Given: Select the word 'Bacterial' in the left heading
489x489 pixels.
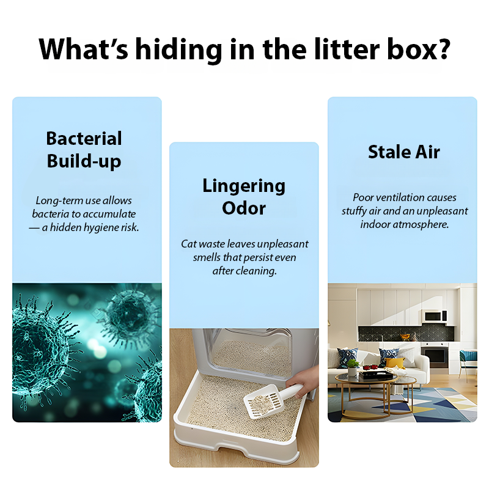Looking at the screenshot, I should [x=84, y=138].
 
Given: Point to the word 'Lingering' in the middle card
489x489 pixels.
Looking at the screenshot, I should [x=244, y=185].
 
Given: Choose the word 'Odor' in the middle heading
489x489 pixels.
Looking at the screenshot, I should [x=244, y=208].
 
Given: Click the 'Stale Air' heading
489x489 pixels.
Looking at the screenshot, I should [x=403, y=152].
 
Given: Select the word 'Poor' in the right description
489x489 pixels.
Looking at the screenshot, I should [x=364, y=197].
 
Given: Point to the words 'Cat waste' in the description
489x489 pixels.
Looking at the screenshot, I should [x=204, y=244].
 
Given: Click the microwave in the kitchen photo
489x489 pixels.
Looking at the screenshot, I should [x=435, y=316].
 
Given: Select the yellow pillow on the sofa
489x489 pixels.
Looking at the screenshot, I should [x=395, y=362].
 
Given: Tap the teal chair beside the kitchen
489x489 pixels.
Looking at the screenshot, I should [x=468, y=358].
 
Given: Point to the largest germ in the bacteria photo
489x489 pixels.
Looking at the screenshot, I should [x=37, y=348].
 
